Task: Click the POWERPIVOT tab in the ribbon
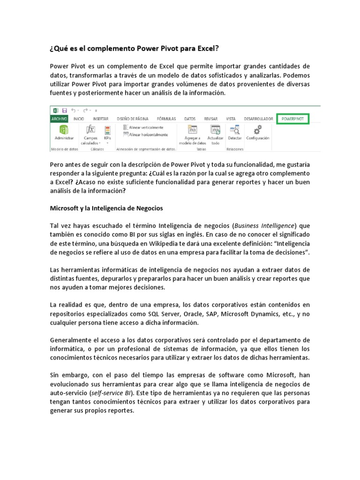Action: [x=292, y=119]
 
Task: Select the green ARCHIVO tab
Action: [x=59, y=119]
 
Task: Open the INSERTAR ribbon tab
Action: [x=101, y=119]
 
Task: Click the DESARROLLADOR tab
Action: [x=255, y=119]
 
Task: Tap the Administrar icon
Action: [x=64, y=130]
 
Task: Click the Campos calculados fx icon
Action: [x=91, y=130]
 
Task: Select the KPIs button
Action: [x=107, y=130]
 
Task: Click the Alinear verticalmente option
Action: [x=144, y=127]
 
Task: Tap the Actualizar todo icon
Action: [x=215, y=130]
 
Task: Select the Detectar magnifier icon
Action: [x=235, y=130]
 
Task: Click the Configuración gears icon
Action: [x=257, y=130]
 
